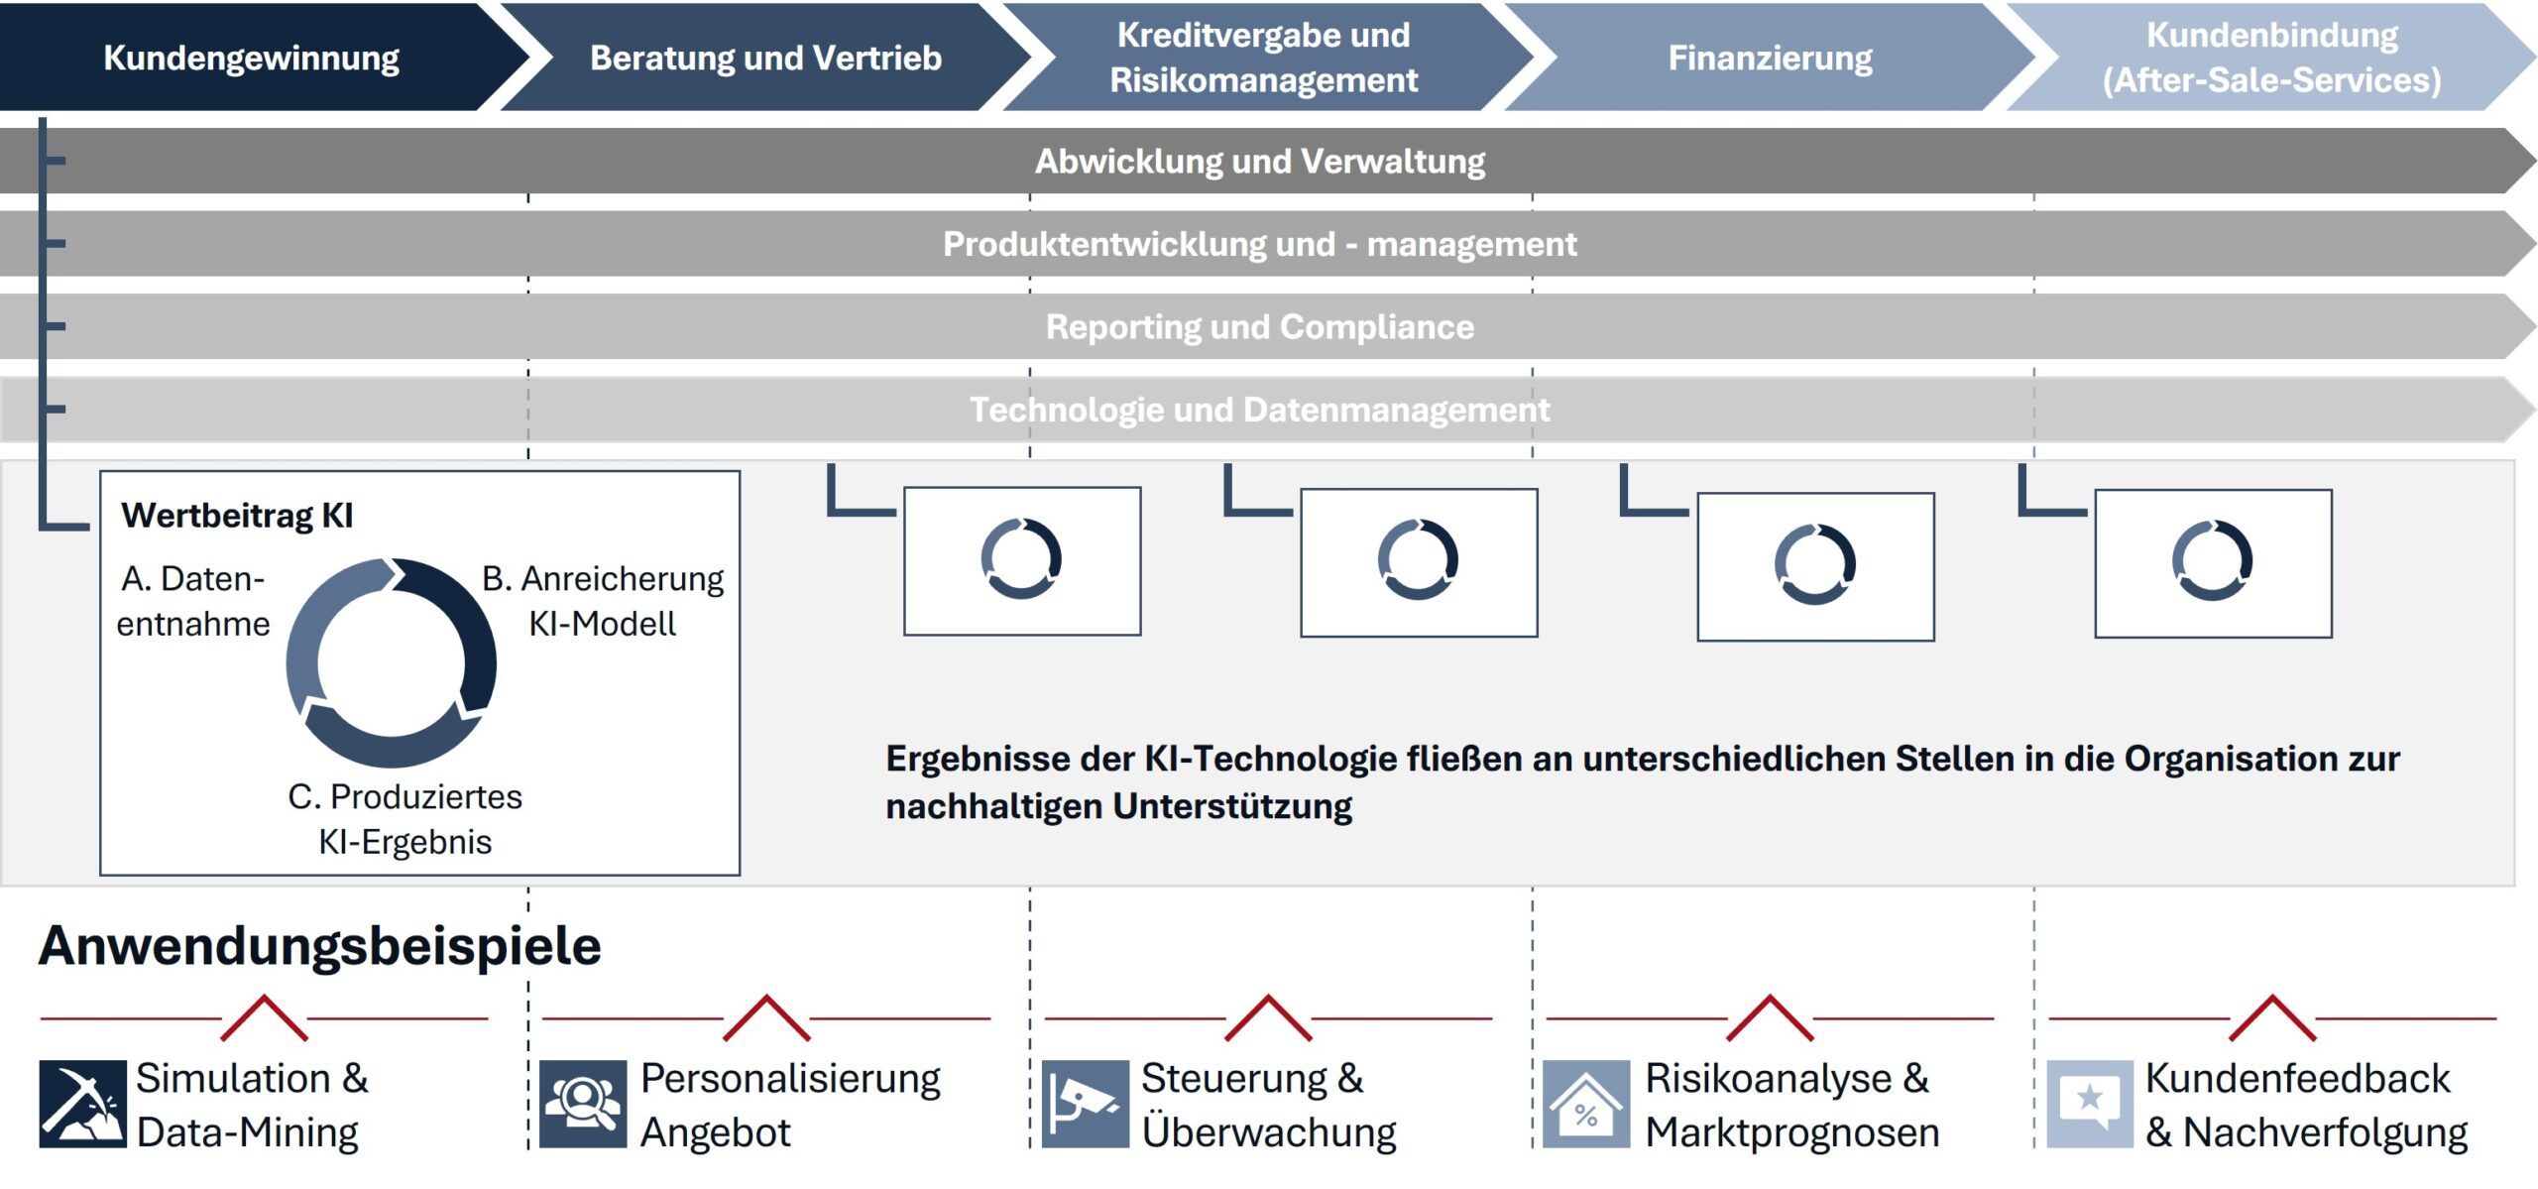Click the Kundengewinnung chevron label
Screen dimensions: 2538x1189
click(251, 58)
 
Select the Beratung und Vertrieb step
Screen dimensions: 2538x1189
click(765, 58)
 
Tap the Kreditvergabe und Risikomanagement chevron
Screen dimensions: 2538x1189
click(1264, 57)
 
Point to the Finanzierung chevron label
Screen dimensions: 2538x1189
click(1771, 58)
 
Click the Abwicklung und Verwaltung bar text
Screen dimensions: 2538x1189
click(1260, 161)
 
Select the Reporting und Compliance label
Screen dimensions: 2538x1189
click(1260, 326)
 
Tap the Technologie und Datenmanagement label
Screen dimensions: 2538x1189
click(1260, 409)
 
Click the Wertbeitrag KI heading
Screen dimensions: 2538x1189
click(237, 516)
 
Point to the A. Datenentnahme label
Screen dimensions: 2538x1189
click(193, 601)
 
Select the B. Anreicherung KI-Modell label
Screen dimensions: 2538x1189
click(603, 601)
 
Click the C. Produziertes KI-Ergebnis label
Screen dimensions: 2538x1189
click(404, 819)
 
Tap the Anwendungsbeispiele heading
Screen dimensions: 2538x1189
click(320, 945)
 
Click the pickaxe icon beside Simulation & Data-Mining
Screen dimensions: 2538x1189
click(83, 1104)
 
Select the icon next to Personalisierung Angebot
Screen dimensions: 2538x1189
click(583, 1104)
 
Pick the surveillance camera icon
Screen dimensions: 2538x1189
click(1086, 1104)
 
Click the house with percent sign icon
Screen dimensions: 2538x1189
click(1586, 1104)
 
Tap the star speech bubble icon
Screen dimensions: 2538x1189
click(2090, 1104)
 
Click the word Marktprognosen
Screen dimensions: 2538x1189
click(1792, 1132)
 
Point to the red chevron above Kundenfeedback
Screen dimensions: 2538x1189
click(2272, 1017)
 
